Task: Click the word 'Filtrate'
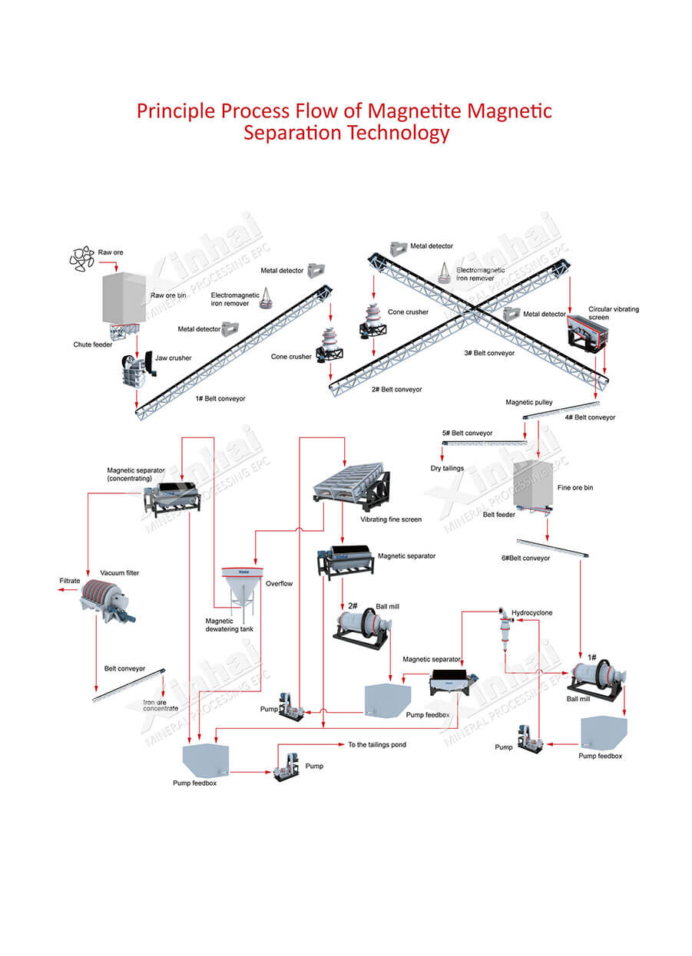[70, 581]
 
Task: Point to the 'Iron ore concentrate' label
[161, 704]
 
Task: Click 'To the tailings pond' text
[377, 744]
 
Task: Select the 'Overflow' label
[279, 584]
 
